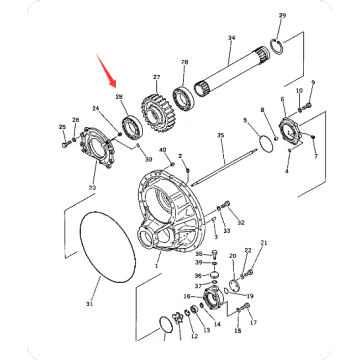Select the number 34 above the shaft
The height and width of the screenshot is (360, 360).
point(231,39)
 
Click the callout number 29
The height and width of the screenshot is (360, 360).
point(281,17)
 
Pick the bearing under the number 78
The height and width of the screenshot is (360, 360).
point(185,96)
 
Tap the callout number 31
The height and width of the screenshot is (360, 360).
point(87,304)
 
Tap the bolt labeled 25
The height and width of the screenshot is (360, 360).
point(71,144)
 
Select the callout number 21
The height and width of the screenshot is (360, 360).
point(264,243)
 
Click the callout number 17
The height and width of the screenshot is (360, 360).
point(252,322)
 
